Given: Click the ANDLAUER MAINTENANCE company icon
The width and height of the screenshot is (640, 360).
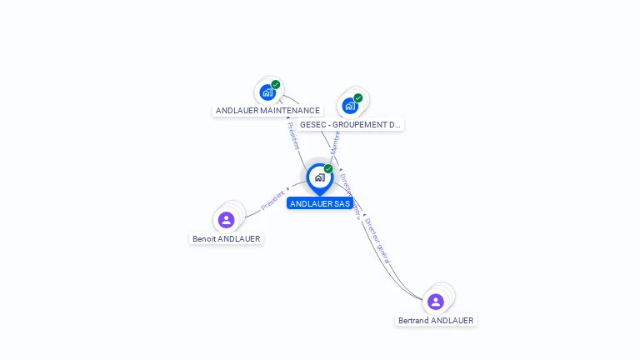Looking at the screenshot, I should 267,92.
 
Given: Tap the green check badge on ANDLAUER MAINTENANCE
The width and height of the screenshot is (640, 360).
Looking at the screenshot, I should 276,84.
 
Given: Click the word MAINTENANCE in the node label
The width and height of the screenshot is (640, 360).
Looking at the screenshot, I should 290,111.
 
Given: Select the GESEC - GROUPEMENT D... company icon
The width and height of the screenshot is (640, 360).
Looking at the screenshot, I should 350,106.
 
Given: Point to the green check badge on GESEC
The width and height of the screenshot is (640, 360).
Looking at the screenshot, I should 358,97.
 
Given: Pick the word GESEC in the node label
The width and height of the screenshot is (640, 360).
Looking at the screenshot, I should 312,125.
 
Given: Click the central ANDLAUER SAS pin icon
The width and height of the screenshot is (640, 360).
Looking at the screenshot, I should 319,177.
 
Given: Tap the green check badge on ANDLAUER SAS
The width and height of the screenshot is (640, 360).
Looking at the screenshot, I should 328,169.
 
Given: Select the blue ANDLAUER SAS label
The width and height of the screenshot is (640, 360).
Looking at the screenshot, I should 320,203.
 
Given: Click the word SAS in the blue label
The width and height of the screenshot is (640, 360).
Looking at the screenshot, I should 342,203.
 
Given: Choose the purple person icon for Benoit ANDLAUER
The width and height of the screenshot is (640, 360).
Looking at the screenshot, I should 226,220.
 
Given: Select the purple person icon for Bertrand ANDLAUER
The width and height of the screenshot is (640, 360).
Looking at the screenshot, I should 435,302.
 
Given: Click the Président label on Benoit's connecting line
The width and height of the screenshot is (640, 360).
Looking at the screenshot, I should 273,199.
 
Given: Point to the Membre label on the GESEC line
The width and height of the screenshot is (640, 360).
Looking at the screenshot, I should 336,142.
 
